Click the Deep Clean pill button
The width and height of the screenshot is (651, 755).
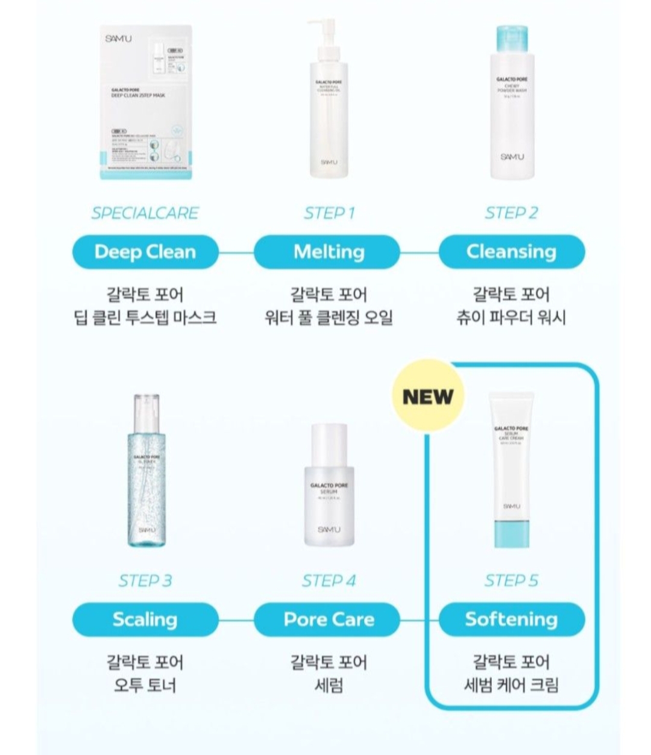pyautogui.click(x=145, y=252)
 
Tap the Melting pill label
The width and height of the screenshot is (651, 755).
pyautogui.click(x=329, y=252)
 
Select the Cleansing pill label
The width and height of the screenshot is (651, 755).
pyautogui.click(x=511, y=252)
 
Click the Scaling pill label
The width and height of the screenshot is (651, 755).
pyautogui.click(x=145, y=619)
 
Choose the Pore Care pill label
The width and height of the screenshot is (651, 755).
pyautogui.click(x=329, y=619)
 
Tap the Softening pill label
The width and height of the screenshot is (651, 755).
pyautogui.click(x=511, y=619)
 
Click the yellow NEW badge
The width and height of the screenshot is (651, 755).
pyautogui.click(x=428, y=397)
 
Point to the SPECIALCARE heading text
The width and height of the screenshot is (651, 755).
pyautogui.click(x=145, y=213)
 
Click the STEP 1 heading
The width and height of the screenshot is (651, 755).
pyautogui.click(x=329, y=213)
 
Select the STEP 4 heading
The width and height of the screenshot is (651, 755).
pyautogui.click(x=329, y=581)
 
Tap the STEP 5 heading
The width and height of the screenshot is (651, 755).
pyautogui.click(x=511, y=581)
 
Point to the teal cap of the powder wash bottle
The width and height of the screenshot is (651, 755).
pyautogui.click(x=511, y=39)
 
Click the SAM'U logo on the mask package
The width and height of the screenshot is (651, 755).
pyautogui.click(x=118, y=39)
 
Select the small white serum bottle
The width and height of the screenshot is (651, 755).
pyautogui.click(x=329, y=488)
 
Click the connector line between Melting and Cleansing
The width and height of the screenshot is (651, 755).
pyautogui.click(x=419, y=252)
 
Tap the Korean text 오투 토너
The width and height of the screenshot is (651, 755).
pyautogui.click(x=145, y=686)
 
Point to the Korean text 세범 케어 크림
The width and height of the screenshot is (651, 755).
pyautogui.click(x=511, y=686)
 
